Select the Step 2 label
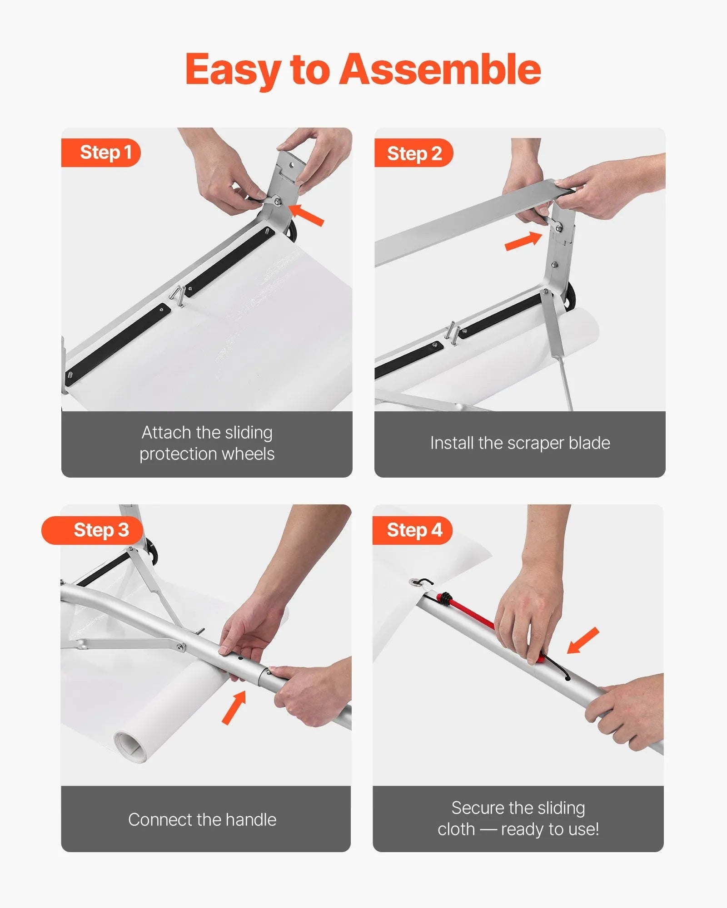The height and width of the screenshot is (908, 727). [x=414, y=153]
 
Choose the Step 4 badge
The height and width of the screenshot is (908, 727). [x=414, y=530]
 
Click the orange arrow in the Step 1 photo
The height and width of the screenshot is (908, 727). [x=306, y=214]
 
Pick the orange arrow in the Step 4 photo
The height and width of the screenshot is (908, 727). [x=583, y=640]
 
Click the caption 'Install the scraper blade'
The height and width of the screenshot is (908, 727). [x=520, y=443]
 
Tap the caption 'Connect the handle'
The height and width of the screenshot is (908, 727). [x=202, y=819]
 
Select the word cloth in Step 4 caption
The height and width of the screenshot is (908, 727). [x=456, y=829]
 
